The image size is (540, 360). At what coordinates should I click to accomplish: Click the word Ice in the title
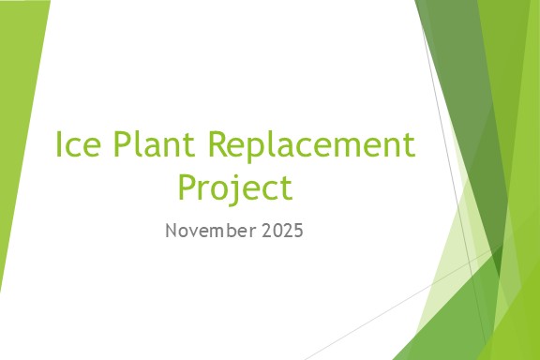point(78,146)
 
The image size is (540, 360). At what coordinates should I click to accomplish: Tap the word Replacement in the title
point(311,146)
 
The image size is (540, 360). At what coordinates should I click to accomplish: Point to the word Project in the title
point(235,187)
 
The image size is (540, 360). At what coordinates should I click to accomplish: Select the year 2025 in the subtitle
point(281,231)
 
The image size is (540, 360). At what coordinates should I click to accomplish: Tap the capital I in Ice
point(61,146)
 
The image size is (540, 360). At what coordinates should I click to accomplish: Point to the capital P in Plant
point(124,146)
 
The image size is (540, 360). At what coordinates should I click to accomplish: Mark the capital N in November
point(171,231)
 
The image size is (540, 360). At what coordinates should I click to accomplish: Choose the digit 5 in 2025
point(298,231)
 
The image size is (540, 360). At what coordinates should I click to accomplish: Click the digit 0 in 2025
point(276,231)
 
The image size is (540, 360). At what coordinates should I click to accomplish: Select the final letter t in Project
point(286,188)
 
